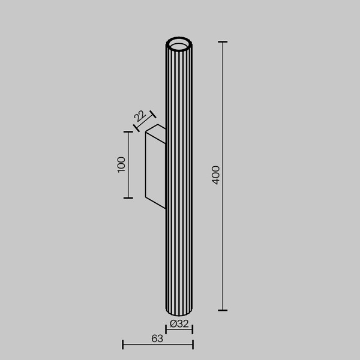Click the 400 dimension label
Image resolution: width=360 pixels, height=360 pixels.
[x=217, y=175]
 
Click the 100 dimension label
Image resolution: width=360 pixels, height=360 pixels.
[x=121, y=164]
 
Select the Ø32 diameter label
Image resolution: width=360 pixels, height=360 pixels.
[x=179, y=324]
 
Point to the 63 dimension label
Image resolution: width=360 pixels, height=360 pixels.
[x=157, y=338]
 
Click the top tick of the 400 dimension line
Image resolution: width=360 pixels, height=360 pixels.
[x=223, y=42]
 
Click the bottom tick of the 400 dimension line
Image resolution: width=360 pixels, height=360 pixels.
[x=223, y=310]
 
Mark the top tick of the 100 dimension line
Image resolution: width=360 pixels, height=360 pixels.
[x=128, y=131]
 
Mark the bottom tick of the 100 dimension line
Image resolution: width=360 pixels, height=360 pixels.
[x=128, y=198]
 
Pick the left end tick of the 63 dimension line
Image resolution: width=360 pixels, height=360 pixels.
[x=123, y=344]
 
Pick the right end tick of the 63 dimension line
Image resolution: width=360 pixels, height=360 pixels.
[x=193, y=344]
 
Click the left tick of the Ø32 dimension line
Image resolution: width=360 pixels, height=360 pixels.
[x=166, y=330]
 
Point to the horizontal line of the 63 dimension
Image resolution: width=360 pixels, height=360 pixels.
[x=157, y=344]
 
